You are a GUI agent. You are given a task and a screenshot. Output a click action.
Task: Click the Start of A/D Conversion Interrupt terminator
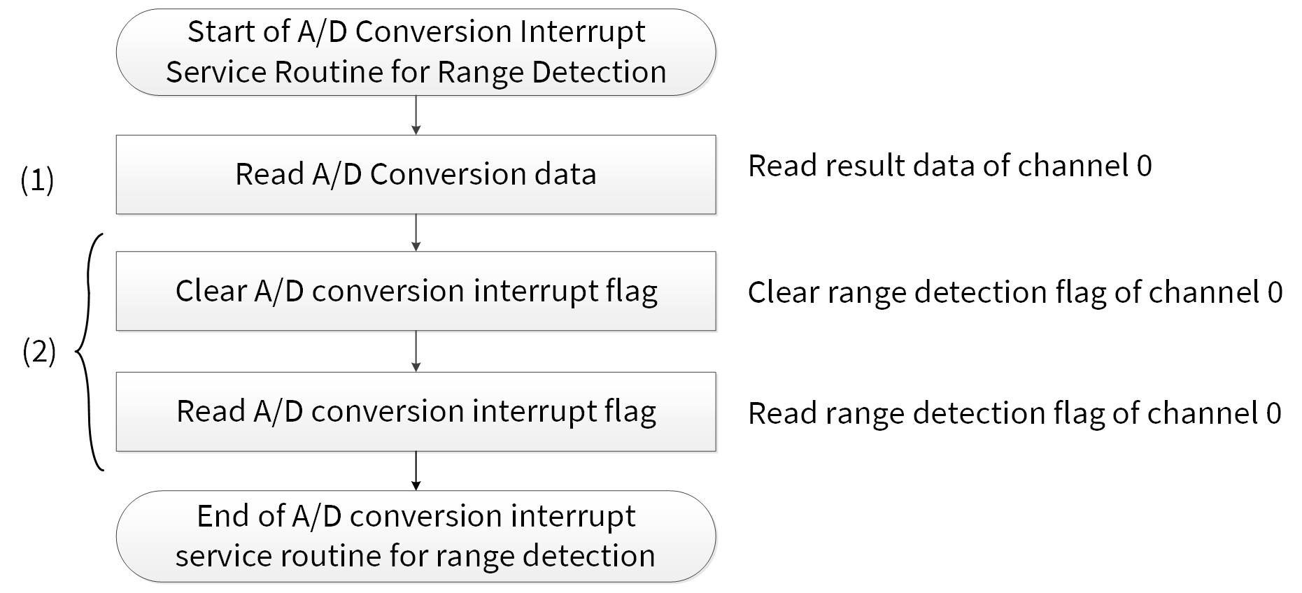[416, 52]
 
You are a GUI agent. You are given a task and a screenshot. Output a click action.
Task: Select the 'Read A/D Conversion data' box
[416, 174]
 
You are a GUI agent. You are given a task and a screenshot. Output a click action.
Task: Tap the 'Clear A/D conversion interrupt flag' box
[416, 291]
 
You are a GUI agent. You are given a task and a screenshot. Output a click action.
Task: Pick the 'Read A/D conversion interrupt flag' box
[416, 411]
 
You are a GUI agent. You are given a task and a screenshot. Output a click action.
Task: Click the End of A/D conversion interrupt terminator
[416, 536]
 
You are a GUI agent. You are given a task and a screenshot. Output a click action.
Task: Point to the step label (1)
[37, 180]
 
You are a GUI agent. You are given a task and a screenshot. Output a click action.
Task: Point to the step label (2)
[39, 351]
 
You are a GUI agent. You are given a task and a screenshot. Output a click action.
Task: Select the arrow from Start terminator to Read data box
[416, 115]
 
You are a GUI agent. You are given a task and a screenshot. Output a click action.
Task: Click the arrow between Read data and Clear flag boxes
[416, 232]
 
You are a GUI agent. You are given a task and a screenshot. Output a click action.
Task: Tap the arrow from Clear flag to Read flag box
[416, 351]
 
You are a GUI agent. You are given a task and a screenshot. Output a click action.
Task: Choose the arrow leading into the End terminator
[416, 471]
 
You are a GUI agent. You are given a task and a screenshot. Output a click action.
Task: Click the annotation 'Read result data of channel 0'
[949, 166]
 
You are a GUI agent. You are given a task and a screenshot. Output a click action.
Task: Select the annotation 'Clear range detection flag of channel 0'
[1015, 292]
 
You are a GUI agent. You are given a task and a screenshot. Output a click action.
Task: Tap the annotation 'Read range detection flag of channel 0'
[1014, 413]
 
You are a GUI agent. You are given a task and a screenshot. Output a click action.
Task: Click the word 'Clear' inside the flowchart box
[211, 291]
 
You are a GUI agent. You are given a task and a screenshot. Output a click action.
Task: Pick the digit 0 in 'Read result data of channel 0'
[1145, 166]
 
